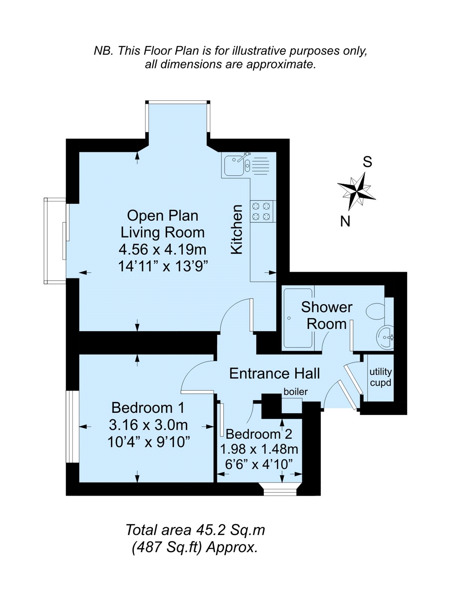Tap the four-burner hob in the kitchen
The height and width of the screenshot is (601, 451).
tap(261, 211)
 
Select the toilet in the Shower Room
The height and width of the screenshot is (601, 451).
tap(376, 311)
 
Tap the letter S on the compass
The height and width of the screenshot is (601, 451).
tap(368, 162)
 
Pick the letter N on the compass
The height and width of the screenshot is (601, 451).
tap(345, 221)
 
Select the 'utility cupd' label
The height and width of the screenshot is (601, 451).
tap(380, 377)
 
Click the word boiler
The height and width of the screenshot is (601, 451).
tap(296, 392)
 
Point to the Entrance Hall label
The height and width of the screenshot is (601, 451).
tap(274, 373)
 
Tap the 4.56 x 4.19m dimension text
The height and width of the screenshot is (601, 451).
tap(163, 249)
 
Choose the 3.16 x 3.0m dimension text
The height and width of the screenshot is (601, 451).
tap(148, 425)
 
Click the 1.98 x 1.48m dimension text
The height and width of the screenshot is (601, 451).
tap(259, 449)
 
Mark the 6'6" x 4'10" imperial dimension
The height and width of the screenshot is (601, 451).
tap(259, 465)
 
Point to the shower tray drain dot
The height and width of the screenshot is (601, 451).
tap(289, 318)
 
